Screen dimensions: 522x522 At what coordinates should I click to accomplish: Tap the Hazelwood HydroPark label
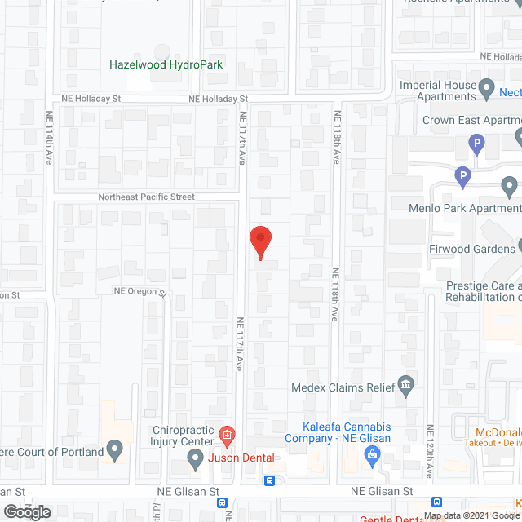(x=166, y=64)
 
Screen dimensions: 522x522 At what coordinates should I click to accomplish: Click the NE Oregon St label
(x=139, y=291)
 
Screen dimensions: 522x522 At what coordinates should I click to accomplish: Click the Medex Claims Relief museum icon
(x=405, y=385)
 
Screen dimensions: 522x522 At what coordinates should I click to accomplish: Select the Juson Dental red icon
(x=227, y=432)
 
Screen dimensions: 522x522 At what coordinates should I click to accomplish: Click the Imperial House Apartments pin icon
(x=487, y=86)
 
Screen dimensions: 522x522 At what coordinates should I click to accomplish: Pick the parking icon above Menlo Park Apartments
(x=462, y=175)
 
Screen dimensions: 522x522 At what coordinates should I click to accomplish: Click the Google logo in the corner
(x=25, y=511)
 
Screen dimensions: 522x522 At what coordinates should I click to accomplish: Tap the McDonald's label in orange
(x=498, y=432)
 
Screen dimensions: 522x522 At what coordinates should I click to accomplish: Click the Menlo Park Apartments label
(x=463, y=208)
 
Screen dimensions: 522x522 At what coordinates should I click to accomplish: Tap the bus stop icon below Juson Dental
(x=269, y=480)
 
